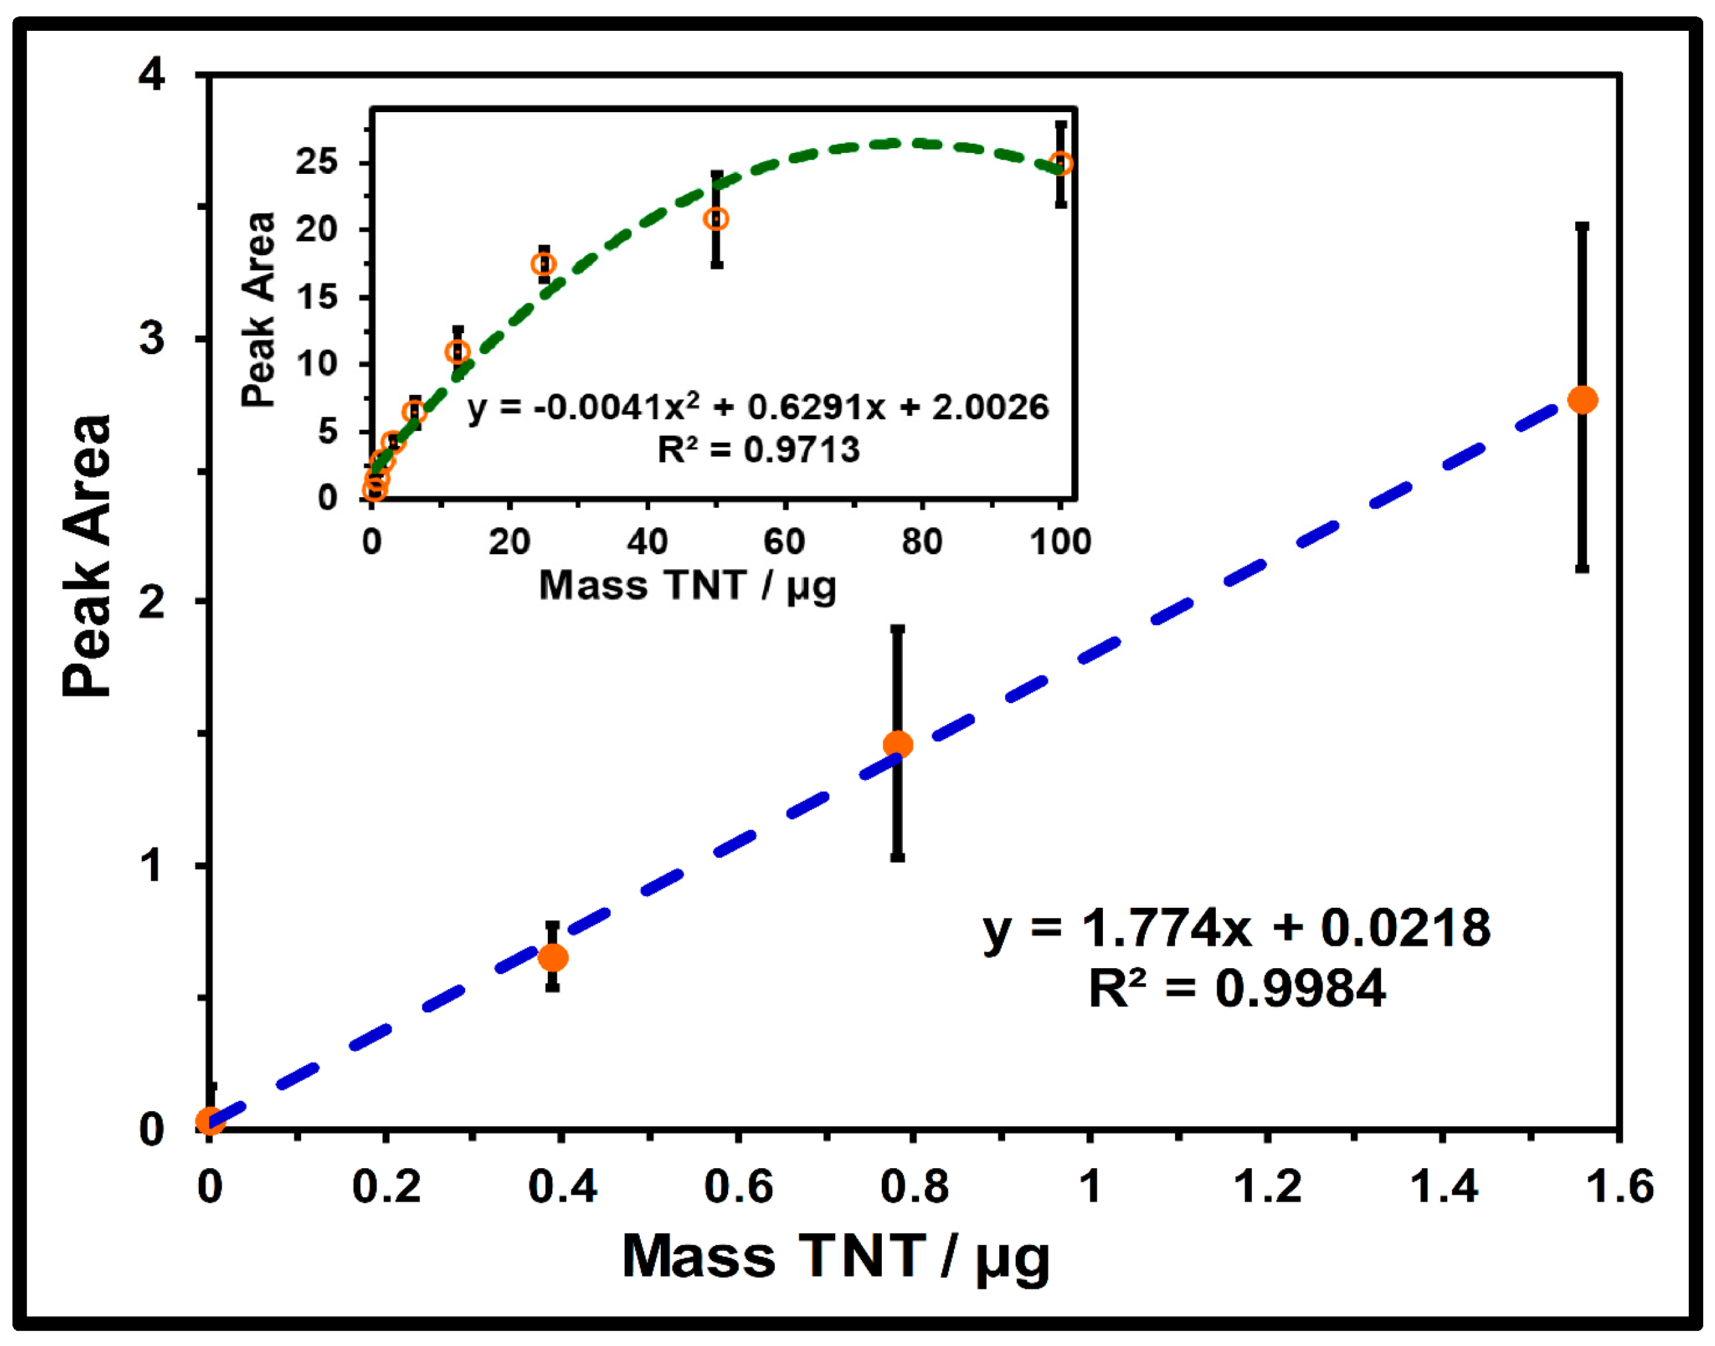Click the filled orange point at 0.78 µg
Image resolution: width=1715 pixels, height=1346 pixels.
[897, 744]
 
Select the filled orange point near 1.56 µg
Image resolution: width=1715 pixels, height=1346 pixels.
[1582, 399]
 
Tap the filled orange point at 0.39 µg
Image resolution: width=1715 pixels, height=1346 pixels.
[552, 958]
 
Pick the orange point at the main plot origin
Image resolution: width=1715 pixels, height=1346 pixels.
[210, 1120]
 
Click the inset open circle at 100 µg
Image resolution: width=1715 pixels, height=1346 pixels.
[1061, 164]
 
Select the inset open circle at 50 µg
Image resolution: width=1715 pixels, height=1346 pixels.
[716, 218]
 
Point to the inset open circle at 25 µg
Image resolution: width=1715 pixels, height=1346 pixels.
[544, 264]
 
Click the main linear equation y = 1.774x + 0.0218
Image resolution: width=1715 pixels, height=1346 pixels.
[1236, 928]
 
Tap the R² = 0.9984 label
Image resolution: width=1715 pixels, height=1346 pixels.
[1236, 989]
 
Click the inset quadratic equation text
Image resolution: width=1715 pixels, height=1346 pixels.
[757, 407]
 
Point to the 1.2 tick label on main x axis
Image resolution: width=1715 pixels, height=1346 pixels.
[1266, 1186]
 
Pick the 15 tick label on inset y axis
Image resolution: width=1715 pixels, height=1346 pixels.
[317, 297]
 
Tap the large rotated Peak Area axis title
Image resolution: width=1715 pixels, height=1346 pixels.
[87, 556]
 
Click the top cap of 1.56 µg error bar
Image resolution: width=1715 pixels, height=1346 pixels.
[1582, 227]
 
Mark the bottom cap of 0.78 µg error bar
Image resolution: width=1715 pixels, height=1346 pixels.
[897, 857]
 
